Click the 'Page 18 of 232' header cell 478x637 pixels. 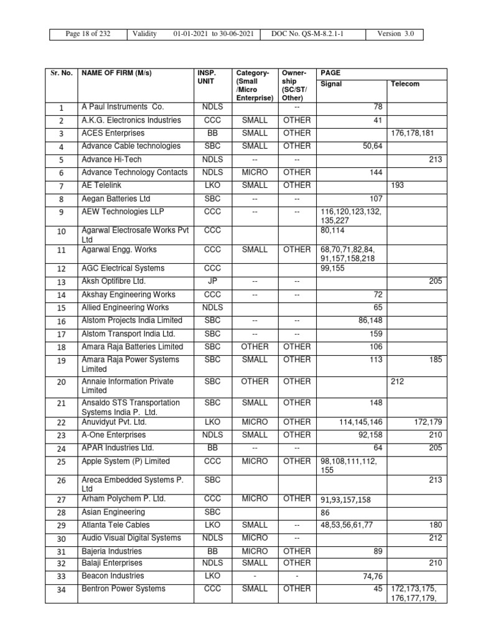[x=88, y=34]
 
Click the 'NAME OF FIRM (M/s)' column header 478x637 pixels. [x=116, y=73]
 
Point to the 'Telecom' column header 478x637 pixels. [x=405, y=84]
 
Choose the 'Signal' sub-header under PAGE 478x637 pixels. [x=330, y=84]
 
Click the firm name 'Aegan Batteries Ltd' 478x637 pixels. [x=116, y=199]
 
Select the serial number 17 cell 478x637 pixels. [x=62, y=334]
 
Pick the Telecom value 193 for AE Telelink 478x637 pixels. [x=397, y=186]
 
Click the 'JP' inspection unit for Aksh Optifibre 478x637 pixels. [x=212, y=281]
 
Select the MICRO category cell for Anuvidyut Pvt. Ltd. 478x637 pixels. [x=255, y=422]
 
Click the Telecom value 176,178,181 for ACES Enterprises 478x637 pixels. [x=416, y=133]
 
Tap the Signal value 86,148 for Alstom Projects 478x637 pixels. [x=367, y=320]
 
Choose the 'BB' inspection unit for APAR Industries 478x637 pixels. [x=212, y=448]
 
